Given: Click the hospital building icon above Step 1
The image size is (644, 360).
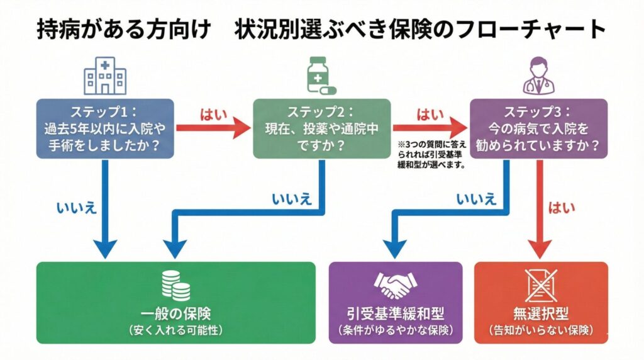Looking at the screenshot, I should point(101,76).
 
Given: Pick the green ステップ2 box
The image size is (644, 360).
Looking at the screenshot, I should point(320,128).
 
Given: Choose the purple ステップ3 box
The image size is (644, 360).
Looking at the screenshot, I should point(539,128).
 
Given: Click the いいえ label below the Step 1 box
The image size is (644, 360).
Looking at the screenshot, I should point(76,208).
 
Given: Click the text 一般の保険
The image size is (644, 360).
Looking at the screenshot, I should point(176,314).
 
